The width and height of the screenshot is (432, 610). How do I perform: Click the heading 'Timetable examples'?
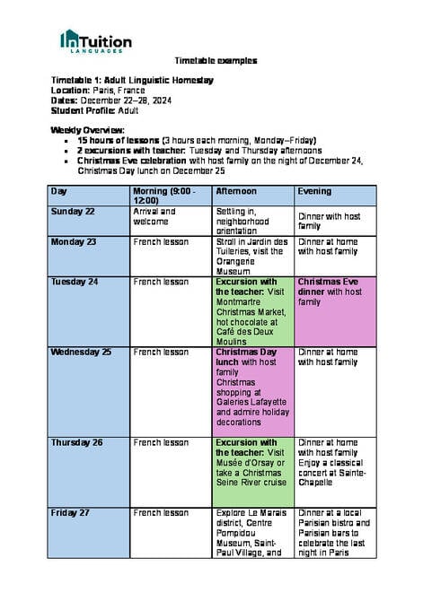216,61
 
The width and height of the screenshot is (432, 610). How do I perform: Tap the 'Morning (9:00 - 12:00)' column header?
162,196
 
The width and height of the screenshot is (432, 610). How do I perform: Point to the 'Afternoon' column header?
236,191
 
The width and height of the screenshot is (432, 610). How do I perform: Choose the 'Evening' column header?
314,191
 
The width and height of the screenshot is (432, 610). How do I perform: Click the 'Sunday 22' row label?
74,212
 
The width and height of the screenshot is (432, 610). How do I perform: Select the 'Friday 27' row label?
72,512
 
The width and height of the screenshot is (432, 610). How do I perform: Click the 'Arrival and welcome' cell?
154,216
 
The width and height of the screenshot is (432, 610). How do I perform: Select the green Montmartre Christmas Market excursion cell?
252,309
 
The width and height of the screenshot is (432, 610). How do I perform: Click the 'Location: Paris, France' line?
104,91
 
